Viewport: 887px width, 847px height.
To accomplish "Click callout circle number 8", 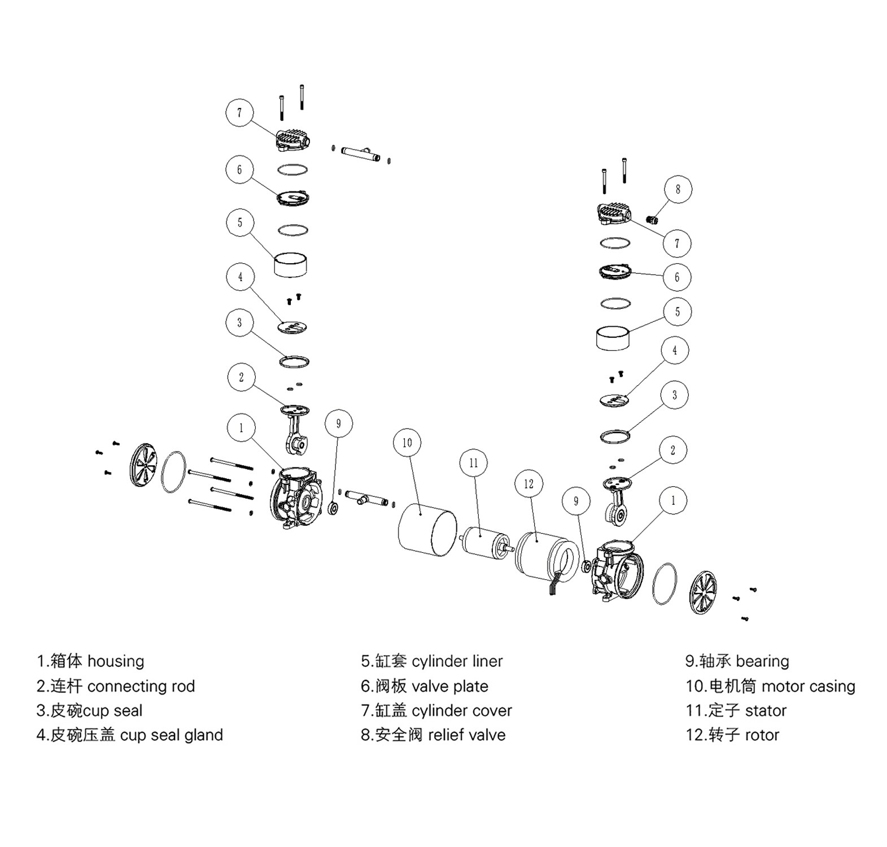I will [678, 190].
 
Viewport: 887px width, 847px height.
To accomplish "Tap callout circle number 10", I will [407, 443].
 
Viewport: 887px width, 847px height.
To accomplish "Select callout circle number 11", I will [473, 463].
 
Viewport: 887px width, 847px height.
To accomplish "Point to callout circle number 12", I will [528, 484].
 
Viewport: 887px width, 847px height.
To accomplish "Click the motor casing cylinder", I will [427, 530].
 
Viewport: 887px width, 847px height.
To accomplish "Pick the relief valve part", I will [653, 219].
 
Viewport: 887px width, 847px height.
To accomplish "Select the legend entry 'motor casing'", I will [808, 687].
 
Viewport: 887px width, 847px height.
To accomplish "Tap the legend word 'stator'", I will [766, 711].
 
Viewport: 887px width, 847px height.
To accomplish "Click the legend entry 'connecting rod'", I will [141, 687].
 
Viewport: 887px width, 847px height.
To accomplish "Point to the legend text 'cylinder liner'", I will [457, 661].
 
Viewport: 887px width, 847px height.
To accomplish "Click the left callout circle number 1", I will [242, 428].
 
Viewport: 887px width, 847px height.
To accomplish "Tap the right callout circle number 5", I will [678, 312].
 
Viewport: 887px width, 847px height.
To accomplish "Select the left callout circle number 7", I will [239, 113].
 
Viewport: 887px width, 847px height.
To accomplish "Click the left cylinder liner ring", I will [291, 264].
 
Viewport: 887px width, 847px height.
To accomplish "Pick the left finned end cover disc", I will [142, 465].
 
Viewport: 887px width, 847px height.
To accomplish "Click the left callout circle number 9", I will [338, 423].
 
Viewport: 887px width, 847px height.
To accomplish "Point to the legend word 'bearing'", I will [762, 661].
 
